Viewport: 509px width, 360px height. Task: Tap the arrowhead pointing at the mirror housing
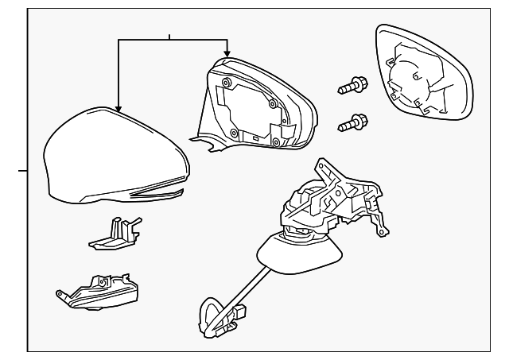pyautogui.click(x=227, y=51)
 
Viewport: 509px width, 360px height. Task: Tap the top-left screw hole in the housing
pyautogui.click(x=227, y=83)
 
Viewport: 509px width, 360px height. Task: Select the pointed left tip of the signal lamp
pyautogui.click(x=58, y=293)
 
